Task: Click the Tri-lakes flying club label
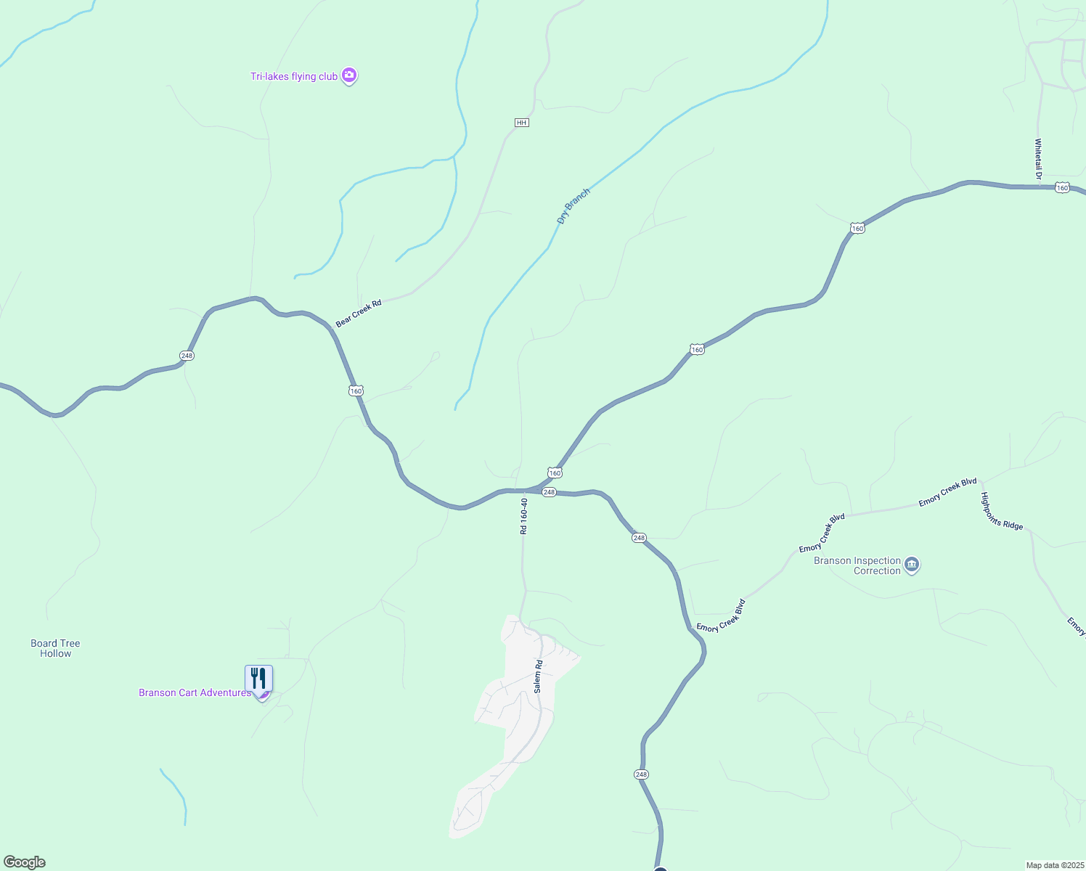(x=294, y=76)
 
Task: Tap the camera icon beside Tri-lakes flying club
(x=349, y=75)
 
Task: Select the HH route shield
(x=521, y=123)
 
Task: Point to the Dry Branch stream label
(x=573, y=206)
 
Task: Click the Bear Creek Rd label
(x=359, y=314)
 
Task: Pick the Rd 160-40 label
(x=523, y=515)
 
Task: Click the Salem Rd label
(x=538, y=676)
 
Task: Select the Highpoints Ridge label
(x=1002, y=511)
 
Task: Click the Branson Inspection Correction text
(x=857, y=565)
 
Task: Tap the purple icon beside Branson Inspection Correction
(x=913, y=564)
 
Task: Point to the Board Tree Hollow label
(x=55, y=648)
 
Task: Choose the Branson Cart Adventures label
(x=195, y=693)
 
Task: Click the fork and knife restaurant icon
(x=258, y=679)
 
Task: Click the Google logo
(x=25, y=862)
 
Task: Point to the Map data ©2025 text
(x=1054, y=865)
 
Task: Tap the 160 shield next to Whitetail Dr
(x=1063, y=188)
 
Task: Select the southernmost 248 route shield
(x=641, y=774)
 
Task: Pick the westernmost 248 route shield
(x=187, y=356)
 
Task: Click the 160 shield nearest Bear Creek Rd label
(x=356, y=391)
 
